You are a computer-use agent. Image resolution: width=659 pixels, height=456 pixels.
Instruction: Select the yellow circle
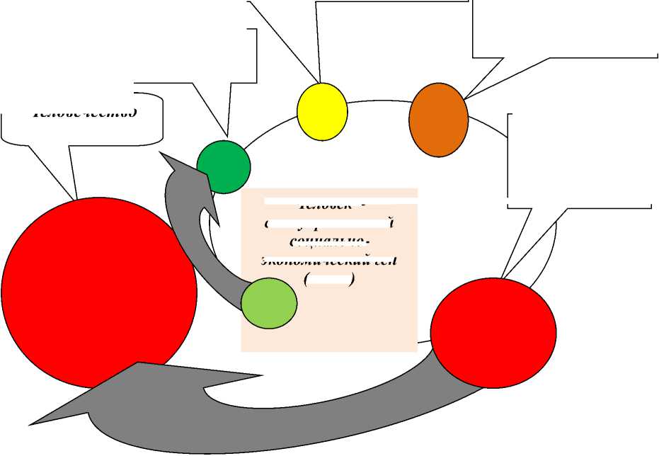pyautogui.click(x=322, y=111)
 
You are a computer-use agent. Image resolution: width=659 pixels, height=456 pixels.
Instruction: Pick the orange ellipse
pyautogui.click(x=439, y=120)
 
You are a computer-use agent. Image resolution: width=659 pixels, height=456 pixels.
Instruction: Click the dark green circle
pyautogui.click(x=224, y=166)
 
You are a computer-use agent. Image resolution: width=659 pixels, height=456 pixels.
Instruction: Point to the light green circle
pyautogui.click(x=269, y=304)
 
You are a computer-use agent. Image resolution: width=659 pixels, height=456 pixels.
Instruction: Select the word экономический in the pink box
pyautogui.click(x=329, y=260)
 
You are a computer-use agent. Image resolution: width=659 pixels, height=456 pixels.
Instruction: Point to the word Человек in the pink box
pyautogui.click(x=329, y=205)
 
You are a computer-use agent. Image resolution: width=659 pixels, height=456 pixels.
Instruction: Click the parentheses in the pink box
pyautogui.click(x=329, y=280)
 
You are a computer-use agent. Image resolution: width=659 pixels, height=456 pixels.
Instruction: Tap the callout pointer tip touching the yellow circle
pyautogui.click(x=320, y=83)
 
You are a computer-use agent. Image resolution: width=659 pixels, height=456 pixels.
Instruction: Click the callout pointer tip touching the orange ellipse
pyautogui.click(x=465, y=98)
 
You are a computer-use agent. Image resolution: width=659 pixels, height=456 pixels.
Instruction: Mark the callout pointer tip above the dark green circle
pyautogui.click(x=227, y=136)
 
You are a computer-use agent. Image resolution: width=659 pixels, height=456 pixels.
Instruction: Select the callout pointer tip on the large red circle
pyautogui.click(x=76, y=199)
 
